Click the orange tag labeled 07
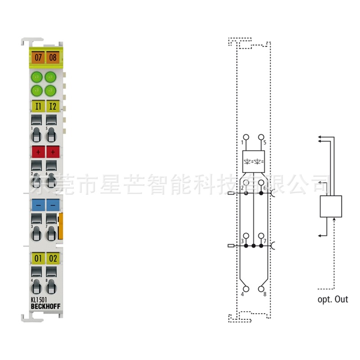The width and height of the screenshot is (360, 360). [38, 57]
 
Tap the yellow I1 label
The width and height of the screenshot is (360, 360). [38, 106]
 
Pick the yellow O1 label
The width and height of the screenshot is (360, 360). [38, 258]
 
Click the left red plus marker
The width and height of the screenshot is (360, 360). [38, 152]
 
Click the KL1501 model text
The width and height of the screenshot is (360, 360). [40, 301]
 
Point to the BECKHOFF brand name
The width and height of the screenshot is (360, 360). [45, 307]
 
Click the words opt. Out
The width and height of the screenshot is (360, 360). [333, 299]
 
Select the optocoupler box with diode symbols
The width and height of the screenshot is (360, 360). [253, 161]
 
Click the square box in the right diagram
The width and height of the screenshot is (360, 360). [331, 207]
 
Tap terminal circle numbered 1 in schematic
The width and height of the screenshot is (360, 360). [246, 136]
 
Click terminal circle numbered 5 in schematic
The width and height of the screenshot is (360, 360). [261, 136]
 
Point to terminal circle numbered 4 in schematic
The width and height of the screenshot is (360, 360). [246, 289]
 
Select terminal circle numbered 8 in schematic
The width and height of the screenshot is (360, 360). [261, 289]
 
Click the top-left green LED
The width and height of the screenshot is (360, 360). [38, 76]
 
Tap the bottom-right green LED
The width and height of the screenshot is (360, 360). [50, 90]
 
